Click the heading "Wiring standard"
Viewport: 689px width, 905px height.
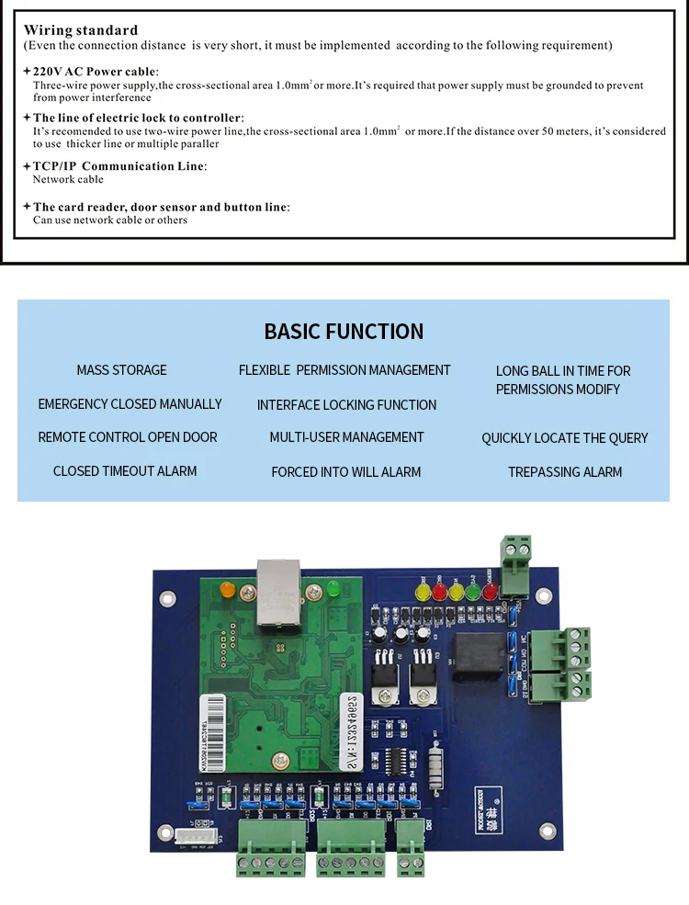81,30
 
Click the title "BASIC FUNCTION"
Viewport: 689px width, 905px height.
344,332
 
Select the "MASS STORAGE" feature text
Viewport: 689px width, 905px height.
121,370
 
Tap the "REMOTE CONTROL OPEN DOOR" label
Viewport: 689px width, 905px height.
128,437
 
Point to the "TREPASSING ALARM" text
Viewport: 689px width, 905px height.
565,472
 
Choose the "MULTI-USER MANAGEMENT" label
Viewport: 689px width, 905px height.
346,437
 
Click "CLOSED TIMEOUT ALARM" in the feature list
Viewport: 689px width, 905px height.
125,471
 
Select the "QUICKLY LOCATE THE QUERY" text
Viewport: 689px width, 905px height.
564,438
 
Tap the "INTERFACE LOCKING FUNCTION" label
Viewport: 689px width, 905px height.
346,405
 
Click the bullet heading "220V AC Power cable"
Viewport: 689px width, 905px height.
96,72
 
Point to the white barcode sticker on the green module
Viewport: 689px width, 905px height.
212,719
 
